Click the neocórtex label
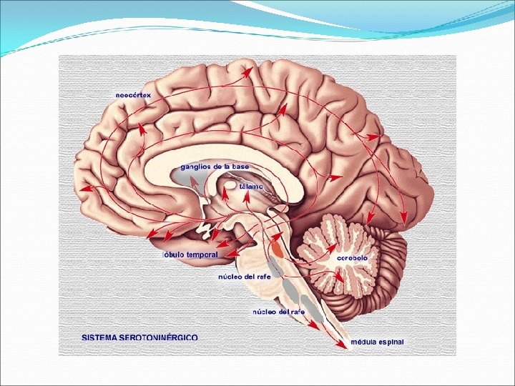click(134, 95)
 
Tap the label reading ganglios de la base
click(215, 166)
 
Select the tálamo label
click(251, 186)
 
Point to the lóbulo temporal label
click(190, 254)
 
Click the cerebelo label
click(353, 257)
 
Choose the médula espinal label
click(377, 342)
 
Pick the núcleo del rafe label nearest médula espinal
click(278, 312)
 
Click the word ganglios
click(195, 166)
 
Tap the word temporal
click(202, 254)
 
